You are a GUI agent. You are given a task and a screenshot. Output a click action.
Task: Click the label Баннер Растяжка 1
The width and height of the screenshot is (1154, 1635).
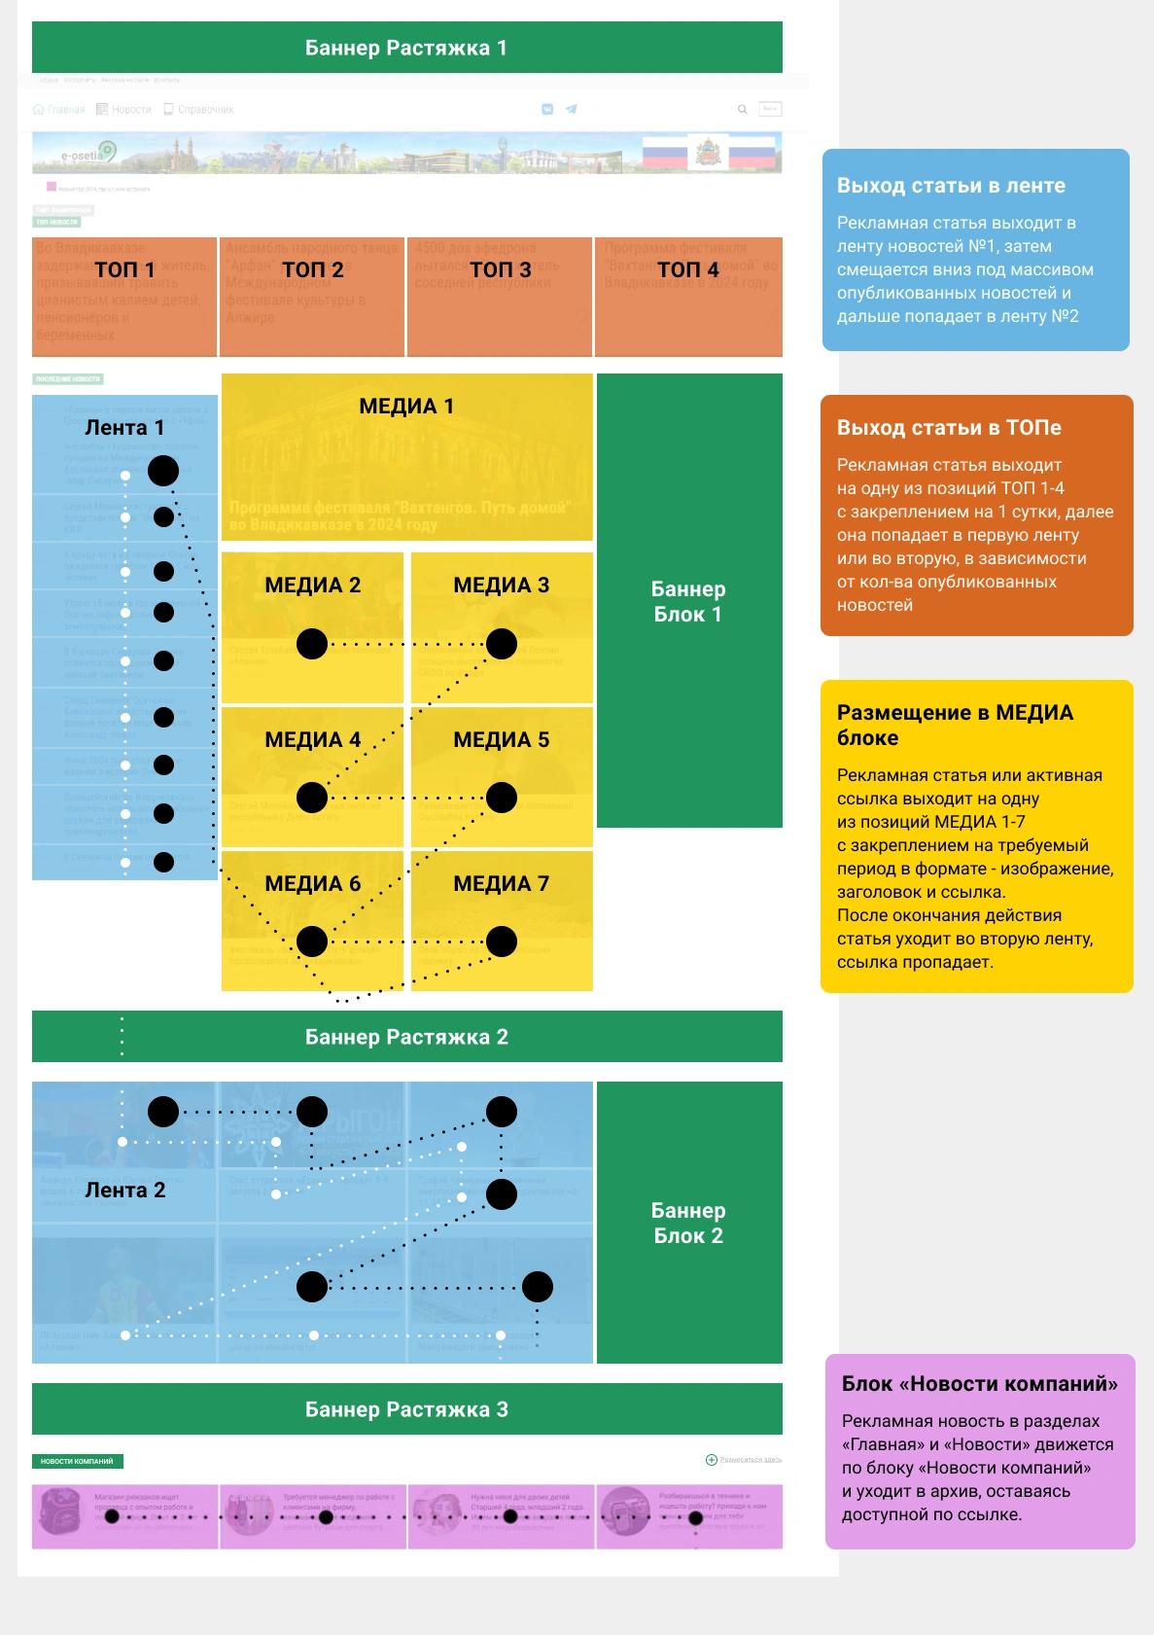[x=406, y=48]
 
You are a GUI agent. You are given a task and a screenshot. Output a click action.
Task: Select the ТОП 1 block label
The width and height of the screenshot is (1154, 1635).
[x=124, y=269]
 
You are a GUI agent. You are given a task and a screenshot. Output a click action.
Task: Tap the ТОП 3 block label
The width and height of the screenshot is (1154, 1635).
[x=500, y=269]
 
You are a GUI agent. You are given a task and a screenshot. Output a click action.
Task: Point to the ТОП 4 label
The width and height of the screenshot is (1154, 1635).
[x=687, y=269]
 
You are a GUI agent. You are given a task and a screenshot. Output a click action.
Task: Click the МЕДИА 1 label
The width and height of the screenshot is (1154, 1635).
[x=406, y=407]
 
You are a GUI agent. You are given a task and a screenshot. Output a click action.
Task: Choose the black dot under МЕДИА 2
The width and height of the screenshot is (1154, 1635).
[x=312, y=644]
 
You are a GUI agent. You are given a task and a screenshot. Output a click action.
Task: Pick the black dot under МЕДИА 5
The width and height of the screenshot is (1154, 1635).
[x=502, y=798]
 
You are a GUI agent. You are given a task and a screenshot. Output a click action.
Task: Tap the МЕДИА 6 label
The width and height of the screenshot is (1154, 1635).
[x=312, y=884]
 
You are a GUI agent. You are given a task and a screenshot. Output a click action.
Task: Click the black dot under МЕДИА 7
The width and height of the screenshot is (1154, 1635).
[x=502, y=942]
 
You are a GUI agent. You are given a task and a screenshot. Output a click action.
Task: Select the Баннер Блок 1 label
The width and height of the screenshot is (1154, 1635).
[x=688, y=602]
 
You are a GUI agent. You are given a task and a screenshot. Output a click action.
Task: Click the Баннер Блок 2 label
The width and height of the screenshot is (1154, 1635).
[x=688, y=1224]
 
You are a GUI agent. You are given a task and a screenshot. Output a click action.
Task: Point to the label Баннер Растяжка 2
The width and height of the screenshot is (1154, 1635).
[x=406, y=1037]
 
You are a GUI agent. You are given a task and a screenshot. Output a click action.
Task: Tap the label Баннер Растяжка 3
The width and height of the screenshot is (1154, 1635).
[x=406, y=1409]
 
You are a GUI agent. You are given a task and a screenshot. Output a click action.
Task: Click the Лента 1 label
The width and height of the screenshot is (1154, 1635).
[x=124, y=428]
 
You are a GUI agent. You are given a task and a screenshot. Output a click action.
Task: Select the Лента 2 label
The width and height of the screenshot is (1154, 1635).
[x=125, y=1191]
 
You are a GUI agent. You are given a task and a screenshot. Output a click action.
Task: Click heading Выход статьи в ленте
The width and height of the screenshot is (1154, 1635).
[x=951, y=186]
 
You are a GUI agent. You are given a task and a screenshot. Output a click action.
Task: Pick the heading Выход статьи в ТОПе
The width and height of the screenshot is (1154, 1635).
[x=949, y=428]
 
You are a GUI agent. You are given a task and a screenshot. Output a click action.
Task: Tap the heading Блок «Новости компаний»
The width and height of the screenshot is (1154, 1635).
[x=979, y=1384]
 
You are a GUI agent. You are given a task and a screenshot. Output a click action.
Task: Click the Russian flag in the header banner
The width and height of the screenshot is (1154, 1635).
[x=663, y=153]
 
